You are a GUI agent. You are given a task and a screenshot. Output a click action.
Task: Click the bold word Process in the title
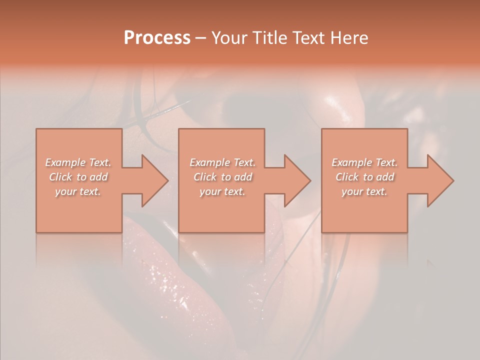point(157,38)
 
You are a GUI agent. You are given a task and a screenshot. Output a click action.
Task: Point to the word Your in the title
point(227,38)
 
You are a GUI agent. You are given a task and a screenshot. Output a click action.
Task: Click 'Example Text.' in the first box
point(78,162)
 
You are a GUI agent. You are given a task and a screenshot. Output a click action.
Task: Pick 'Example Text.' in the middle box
point(222,162)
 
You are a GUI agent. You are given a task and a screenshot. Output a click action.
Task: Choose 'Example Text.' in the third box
point(364,162)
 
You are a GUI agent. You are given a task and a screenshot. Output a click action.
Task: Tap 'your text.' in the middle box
point(222,191)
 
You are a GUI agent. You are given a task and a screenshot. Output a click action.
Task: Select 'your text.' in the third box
point(364,191)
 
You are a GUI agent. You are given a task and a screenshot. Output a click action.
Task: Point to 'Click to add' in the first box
point(78,177)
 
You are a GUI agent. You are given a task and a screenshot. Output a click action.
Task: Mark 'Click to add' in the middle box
point(222,177)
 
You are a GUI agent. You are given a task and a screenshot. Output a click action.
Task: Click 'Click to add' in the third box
point(364,177)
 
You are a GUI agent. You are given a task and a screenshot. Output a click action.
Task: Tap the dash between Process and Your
point(201,38)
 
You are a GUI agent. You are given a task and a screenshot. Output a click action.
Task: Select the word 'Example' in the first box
point(65,162)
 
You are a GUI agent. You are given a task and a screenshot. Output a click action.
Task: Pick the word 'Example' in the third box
point(351,162)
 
